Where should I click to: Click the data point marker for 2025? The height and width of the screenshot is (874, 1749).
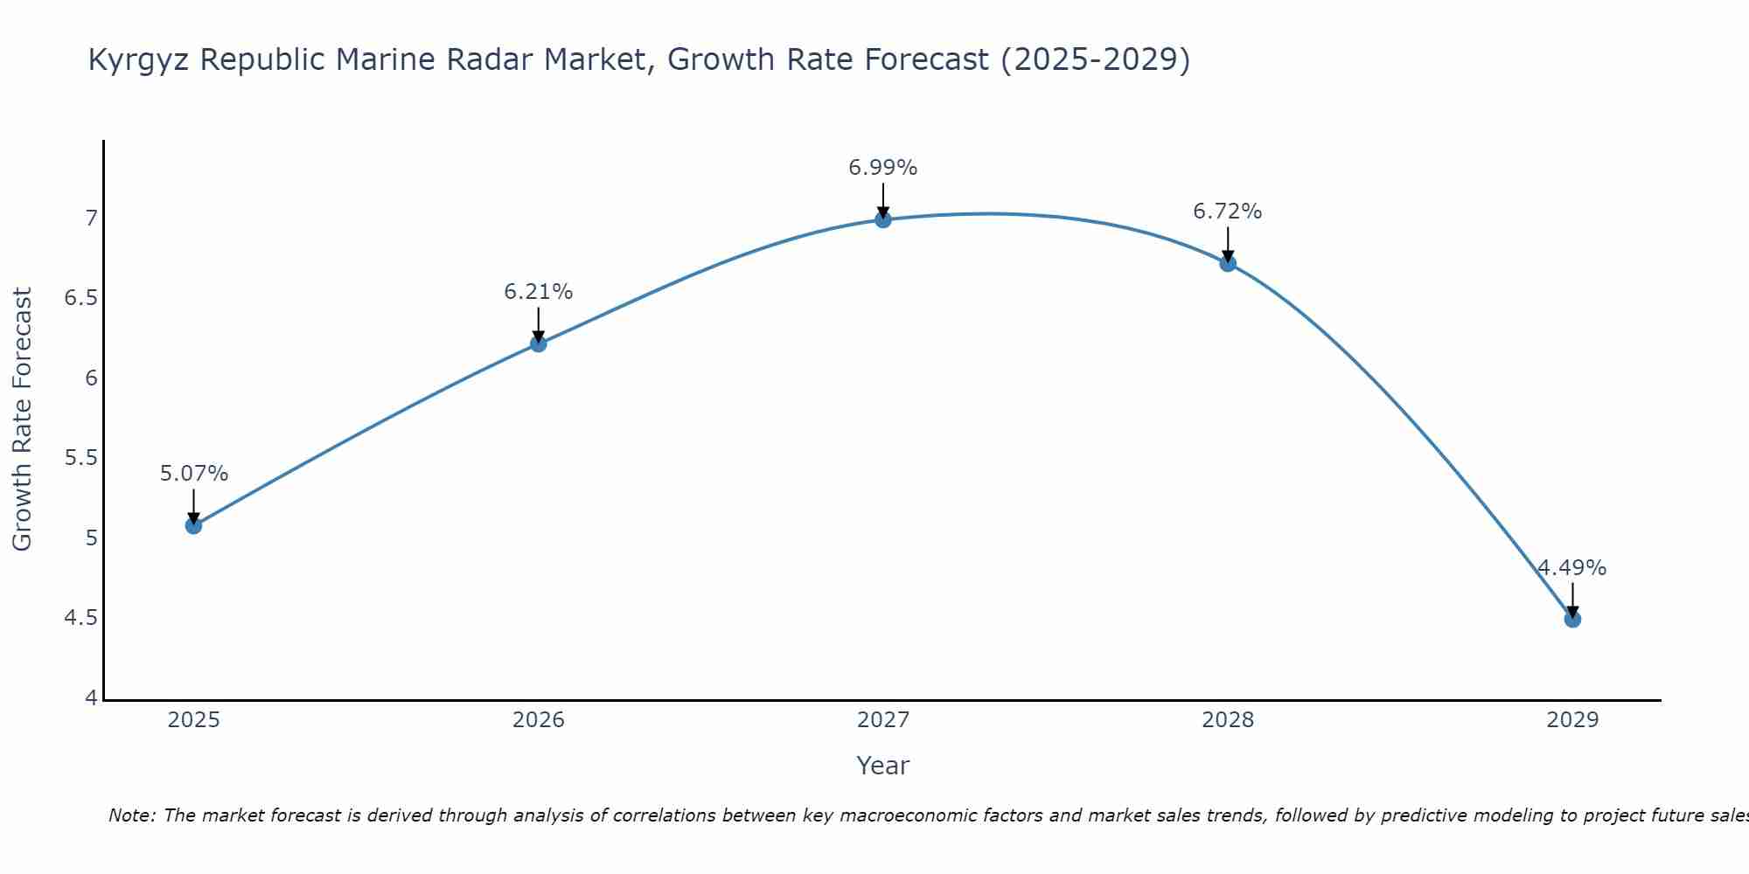[x=194, y=525]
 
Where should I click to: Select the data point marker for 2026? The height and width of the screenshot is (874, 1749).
[x=539, y=343]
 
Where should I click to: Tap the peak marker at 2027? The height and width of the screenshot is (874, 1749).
[x=883, y=219]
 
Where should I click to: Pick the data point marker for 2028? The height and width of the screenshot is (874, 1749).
[x=1228, y=263]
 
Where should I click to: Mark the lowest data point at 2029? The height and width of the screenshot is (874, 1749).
[x=1572, y=619]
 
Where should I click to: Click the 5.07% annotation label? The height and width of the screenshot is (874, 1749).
[x=194, y=474]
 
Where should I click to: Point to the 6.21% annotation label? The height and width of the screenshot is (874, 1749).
[x=539, y=292]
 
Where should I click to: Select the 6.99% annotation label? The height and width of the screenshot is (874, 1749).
[x=883, y=168]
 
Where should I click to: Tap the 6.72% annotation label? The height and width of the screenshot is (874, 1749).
[x=1228, y=212]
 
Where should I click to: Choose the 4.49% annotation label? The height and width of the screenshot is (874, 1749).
[x=1572, y=568]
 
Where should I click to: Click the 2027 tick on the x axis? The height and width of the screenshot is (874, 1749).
[x=883, y=720]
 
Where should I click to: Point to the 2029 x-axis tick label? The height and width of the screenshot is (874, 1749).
[x=1572, y=720]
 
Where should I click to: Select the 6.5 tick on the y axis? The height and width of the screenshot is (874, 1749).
[x=81, y=298]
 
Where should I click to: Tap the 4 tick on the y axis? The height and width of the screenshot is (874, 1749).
[x=91, y=698]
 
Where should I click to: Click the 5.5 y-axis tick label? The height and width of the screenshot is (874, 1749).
[x=81, y=458]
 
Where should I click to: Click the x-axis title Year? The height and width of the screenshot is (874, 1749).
[x=883, y=766]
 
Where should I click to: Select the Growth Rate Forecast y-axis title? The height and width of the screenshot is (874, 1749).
[x=22, y=420]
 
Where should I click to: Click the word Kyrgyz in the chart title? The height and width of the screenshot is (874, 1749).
[x=139, y=60]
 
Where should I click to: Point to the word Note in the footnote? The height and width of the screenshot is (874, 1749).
[x=131, y=815]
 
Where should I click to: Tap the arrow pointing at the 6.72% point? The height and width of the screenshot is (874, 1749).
[x=1228, y=244]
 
